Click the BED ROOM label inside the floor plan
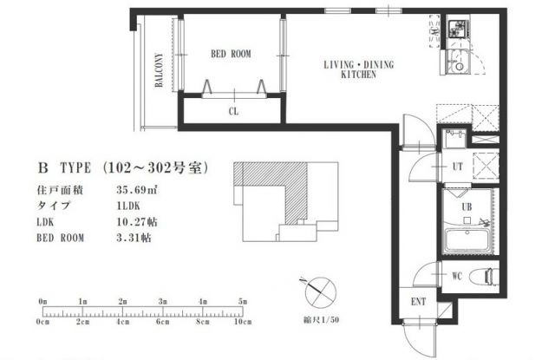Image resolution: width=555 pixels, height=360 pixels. point(231,54)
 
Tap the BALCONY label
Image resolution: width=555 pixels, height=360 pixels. point(159,69)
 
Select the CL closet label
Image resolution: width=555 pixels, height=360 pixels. point(233,111)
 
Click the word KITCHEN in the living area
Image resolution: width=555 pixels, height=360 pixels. point(358,75)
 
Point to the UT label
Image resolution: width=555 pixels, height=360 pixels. point(457,166)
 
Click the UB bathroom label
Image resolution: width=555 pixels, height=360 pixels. point(467,206)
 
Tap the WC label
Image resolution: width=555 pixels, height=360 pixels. point(457,276)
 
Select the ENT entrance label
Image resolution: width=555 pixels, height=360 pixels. point(418,302)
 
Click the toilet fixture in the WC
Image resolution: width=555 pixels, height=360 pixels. point(484,276)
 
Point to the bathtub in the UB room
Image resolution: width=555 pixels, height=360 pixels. point(467,240)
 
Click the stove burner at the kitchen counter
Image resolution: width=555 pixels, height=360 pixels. point(459,29)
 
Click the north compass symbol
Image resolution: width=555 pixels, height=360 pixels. point(318,291)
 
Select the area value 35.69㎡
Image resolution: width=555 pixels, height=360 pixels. point(137,190)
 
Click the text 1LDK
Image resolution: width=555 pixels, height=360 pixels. point(128,206)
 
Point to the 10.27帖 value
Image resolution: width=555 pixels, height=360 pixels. point(137,222)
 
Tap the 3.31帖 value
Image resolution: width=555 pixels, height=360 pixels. point(134,238)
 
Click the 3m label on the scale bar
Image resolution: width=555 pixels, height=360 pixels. point(162,302)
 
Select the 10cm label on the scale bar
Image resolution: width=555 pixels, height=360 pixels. point(243,322)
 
